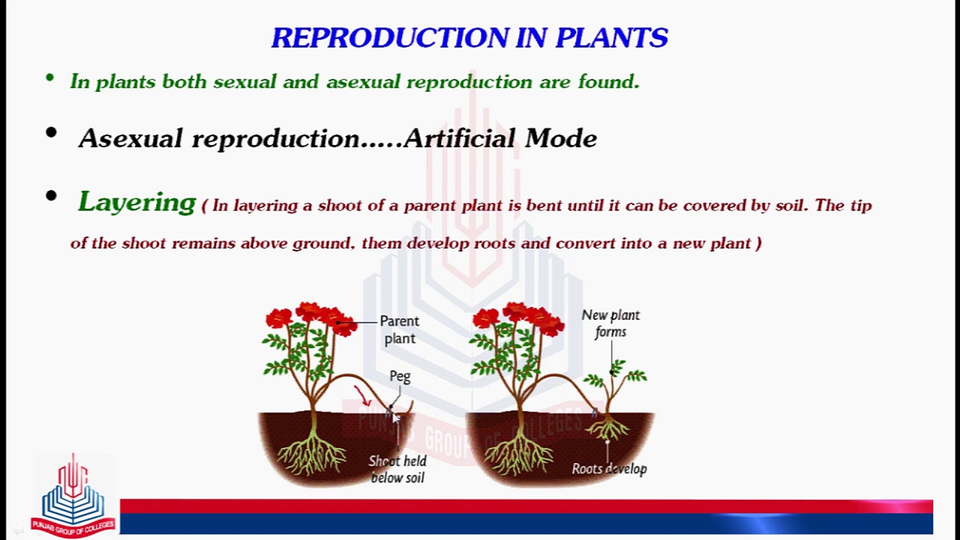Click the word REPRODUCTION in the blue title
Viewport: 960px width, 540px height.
click(x=390, y=38)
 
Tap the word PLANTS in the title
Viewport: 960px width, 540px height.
click(x=611, y=38)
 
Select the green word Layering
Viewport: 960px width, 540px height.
click(x=136, y=203)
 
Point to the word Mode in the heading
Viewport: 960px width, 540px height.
click(x=561, y=138)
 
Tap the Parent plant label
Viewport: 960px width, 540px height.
click(x=399, y=329)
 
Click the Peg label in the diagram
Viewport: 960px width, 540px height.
click(x=400, y=376)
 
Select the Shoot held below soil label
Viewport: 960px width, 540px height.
click(x=397, y=469)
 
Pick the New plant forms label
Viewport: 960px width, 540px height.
click(x=610, y=323)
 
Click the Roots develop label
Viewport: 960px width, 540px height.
click(x=609, y=468)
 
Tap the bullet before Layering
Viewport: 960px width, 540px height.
click(x=51, y=196)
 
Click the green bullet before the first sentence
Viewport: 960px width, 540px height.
click(x=49, y=77)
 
